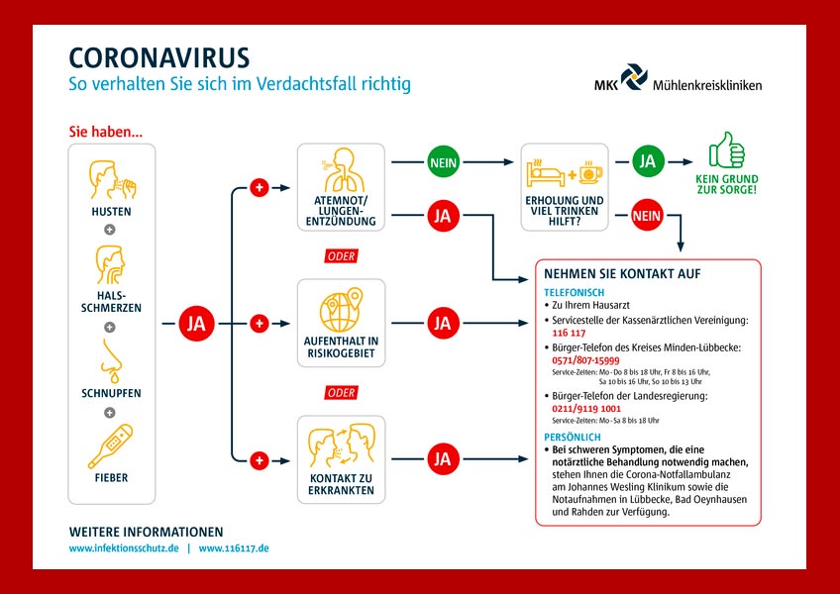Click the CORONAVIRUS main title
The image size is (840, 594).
pyautogui.click(x=158, y=56)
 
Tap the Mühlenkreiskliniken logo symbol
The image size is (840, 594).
pyautogui.click(x=633, y=77)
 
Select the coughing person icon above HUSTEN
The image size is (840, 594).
pyautogui.click(x=110, y=179)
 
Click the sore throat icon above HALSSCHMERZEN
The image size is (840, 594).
pyautogui.click(x=110, y=264)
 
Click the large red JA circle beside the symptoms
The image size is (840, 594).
pyautogui.click(x=196, y=323)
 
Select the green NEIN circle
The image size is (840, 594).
pyautogui.click(x=442, y=161)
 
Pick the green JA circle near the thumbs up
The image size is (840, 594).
pyautogui.click(x=647, y=161)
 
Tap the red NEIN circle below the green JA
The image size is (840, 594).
pyautogui.click(x=647, y=214)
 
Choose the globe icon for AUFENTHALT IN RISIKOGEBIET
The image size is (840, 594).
pyautogui.click(x=340, y=309)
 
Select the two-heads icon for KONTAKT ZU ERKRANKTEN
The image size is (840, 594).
pyautogui.click(x=340, y=447)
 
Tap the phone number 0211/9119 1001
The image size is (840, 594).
pyautogui.click(x=585, y=408)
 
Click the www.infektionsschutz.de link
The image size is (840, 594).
pyautogui.click(x=124, y=547)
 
